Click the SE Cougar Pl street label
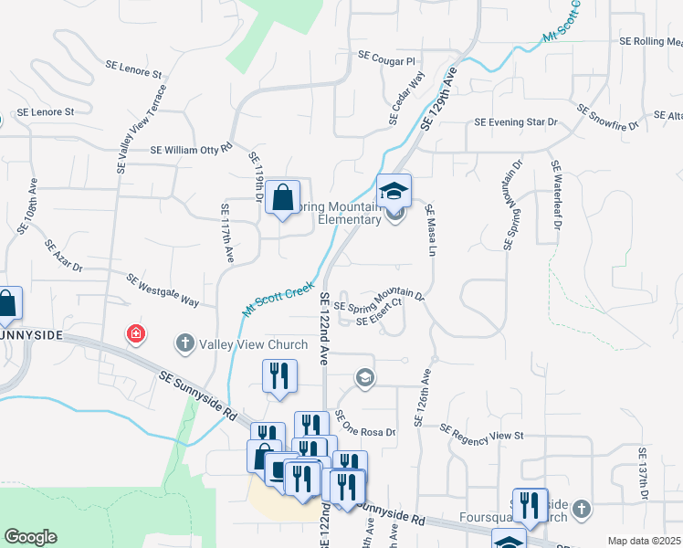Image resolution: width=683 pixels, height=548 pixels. click(387, 57)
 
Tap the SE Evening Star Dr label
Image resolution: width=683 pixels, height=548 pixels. click(516, 122)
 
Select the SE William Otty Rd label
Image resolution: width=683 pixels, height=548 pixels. click(192, 146)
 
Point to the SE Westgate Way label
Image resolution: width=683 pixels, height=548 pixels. click(163, 290)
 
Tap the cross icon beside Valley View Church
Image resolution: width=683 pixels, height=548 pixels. click(184, 344)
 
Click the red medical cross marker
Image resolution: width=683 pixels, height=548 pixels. click(136, 334)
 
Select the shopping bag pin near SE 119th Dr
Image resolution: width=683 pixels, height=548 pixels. click(283, 196)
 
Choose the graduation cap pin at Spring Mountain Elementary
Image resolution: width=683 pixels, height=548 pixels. click(394, 191)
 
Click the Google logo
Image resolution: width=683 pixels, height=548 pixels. click(30, 537)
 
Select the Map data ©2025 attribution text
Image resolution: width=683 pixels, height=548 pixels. click(644, 541)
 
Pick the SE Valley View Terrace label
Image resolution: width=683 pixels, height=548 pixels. click(141, 130)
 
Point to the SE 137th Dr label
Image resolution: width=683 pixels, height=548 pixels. click(643, 473)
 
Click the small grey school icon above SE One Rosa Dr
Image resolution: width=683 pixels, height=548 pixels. click(365, 378)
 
